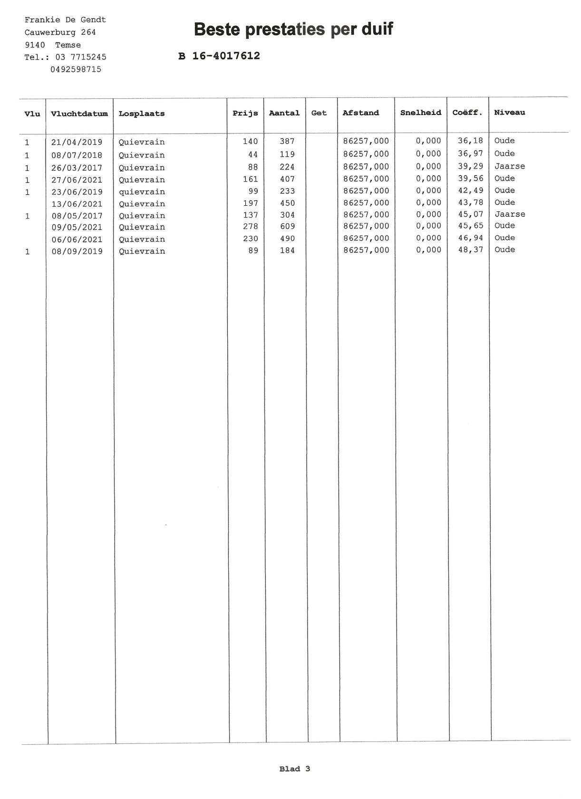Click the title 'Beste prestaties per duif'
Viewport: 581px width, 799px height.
click(x=293, y=29)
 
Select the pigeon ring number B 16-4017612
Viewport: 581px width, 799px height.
click(x=219, y=56)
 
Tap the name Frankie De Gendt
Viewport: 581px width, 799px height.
click(x=65, y=20)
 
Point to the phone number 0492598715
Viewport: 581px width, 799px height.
click(x=76, y=69)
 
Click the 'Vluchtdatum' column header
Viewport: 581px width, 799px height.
click(x=79, y=114)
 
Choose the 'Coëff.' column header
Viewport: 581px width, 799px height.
click(x=467, y=113)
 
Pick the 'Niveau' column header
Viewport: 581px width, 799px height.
click(x=509, y=113)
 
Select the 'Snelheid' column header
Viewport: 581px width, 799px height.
click(x=420, y=113)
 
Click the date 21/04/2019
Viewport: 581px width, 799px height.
click(x=77, y=142)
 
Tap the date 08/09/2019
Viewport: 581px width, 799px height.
click(x=77, y=251)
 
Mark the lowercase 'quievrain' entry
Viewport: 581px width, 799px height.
click(x=142, y=192)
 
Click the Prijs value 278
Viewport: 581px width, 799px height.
click(x=251, y=227)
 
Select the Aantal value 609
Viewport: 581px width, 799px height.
click(x=287, y=227)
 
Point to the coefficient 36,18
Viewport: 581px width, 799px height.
click(x=470, y=141)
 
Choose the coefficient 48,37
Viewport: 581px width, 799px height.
click(x=470, y=250)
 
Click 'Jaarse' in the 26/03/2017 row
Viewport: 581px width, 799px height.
click(x=510, y=166)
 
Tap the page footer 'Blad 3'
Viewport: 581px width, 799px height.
click(x=294, y=769)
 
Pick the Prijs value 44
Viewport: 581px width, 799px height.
click(x=253, y=154)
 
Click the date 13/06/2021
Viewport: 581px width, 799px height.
click(x=77, y=204)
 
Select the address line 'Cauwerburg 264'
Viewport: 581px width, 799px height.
click(x=60, y=32)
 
